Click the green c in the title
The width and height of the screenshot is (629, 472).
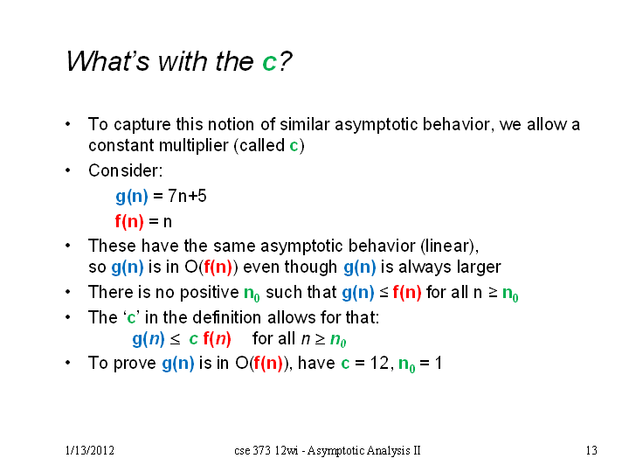coord(270,62)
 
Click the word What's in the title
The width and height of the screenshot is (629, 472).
coord(107,61)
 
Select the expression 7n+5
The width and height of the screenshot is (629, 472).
coord(187,197)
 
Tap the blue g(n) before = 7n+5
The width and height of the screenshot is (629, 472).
coord(132,197)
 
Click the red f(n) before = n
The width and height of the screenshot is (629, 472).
coord(129,221)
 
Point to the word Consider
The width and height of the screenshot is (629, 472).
coord(126,170)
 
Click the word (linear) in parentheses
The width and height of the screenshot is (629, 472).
coord(449,246)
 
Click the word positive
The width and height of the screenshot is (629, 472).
coord(210,293)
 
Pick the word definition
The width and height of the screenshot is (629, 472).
coord(227,317)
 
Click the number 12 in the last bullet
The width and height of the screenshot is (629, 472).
coord(379,364)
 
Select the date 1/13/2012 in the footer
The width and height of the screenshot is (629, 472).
coord(90,450)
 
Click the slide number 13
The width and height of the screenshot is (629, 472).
coord(591,450)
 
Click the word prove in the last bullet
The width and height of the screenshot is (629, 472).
coord(135,364)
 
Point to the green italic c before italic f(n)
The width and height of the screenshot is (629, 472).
coord(193,339)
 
